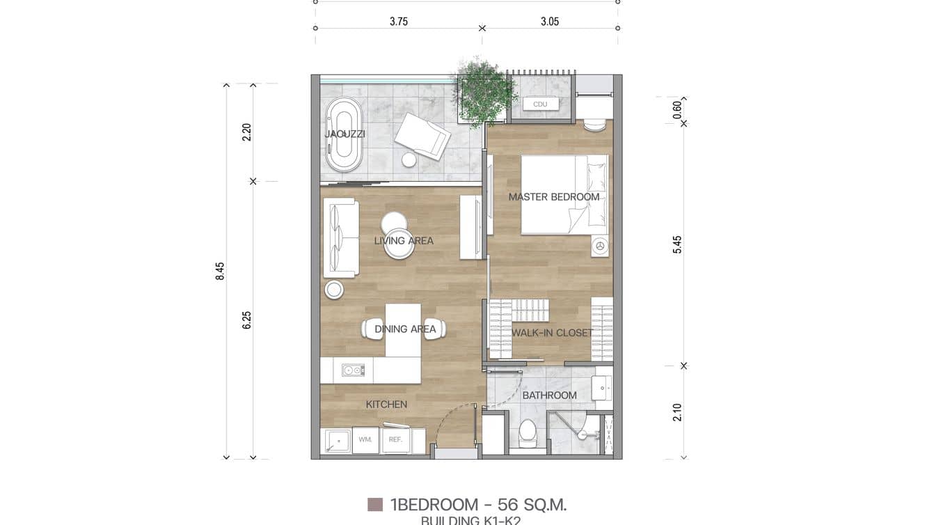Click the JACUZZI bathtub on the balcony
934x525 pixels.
tap(344, 134)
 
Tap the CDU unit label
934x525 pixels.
tap(540, 104)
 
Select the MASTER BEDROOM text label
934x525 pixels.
tap(553, 197)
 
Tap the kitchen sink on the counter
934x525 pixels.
tap(353, 370)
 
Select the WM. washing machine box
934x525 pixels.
tap(365, 440)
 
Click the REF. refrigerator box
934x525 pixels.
tap(395, 440)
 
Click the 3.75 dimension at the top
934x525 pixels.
tap(399, 22)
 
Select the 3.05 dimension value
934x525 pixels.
tap(550, 22)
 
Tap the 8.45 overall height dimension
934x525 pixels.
tap(220, 271)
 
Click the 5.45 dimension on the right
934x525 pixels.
tap(677, 244)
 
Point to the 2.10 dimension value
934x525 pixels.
tap(677, 412)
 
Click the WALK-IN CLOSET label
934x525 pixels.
tap(552, 333)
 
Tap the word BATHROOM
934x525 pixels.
tap(549, 395)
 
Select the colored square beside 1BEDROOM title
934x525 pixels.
tap(375, 505)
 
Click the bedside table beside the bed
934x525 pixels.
tap(600, 246)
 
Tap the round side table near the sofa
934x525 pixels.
tap(334, 290)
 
